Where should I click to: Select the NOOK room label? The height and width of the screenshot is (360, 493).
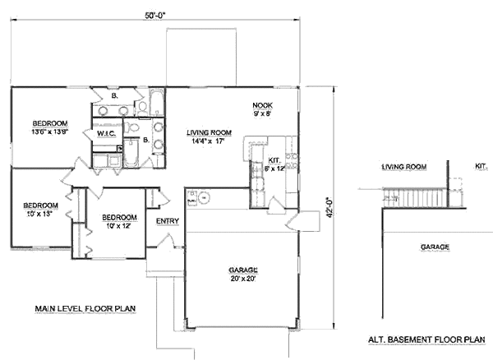pos(263,106)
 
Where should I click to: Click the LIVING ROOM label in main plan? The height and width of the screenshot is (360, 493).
pos(209,132)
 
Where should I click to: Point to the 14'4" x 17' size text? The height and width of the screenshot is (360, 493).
pos(209,141)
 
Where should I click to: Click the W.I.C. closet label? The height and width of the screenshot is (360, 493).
pos(106,133)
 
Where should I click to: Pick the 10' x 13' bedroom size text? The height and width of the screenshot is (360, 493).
pos(39,214)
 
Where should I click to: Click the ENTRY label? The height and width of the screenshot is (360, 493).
pos(168,220)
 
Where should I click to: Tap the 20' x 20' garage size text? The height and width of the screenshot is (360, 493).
pos(244,279)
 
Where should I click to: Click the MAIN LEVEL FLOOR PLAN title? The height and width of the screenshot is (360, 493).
pos(85,309)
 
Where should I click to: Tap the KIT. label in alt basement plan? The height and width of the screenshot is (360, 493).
pos(481,166)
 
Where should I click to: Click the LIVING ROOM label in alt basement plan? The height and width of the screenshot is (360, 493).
pos(404,168)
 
